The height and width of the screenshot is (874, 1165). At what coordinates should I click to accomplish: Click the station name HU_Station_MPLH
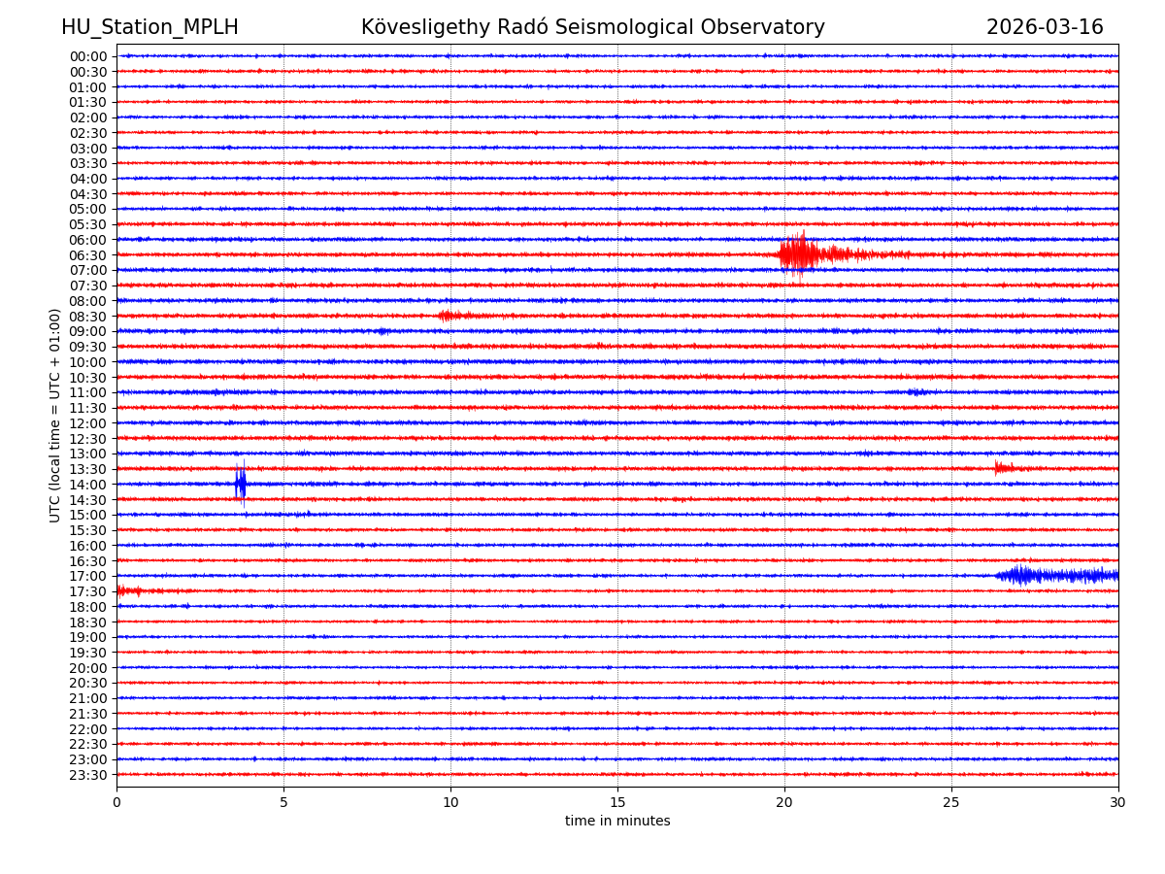click(x=150, y=27)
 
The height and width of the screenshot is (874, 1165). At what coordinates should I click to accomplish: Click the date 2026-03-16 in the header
click(x=1045, y=27)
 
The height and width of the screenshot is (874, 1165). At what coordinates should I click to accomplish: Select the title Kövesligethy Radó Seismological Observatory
click(x=592, y=27)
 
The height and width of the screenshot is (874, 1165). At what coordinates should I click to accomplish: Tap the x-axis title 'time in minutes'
click(x=617, y=822)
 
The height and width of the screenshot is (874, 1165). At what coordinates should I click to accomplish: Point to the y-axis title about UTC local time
click(x=55, y=415)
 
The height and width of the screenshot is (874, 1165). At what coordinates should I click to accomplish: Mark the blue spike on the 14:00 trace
click(x=240, y=484)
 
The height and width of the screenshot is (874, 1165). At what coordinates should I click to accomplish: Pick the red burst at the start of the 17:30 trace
click(x=128, y=590)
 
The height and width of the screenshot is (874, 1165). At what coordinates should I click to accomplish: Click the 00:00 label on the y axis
click(x=88, y=56)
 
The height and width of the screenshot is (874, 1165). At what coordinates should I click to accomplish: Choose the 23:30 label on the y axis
click(x=88, y=775)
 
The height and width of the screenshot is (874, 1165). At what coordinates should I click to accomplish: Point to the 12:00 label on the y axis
click(x=88, y=423)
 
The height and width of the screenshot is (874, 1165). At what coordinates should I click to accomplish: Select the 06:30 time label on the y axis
click(x=88, y=255)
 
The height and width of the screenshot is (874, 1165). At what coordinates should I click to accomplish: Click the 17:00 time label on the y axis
click(x=88, y=576)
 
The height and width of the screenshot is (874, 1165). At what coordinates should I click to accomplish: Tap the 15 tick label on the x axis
click(x=617, y=803)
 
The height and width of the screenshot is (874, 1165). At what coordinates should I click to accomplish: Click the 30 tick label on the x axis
click(x=1118, y=803)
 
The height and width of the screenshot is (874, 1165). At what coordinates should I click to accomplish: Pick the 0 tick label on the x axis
click(x=116, y=803)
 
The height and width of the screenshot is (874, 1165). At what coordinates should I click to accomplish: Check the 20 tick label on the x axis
click(x=784, y=803)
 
